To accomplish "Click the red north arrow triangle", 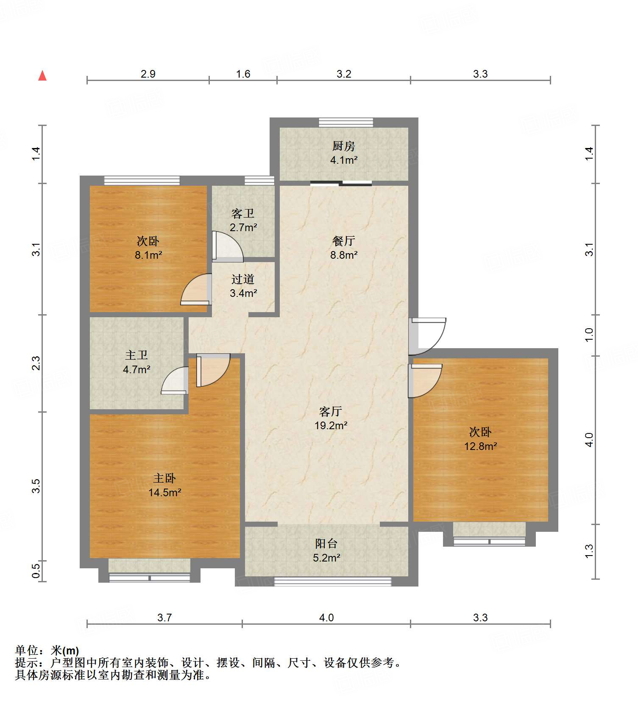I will coord(42,76).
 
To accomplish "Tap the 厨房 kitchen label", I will coord(343,146).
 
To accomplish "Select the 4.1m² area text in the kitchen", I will coord(343,160).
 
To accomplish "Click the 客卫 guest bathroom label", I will coord(243,214).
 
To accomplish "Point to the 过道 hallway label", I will coord(243,279).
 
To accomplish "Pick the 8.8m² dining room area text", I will coord(343,255).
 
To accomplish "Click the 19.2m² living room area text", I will coord(331,425).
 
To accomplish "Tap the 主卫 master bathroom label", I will coord(137,355).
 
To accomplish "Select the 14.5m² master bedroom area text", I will coord(164,492).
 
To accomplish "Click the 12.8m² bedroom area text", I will coord(480,446).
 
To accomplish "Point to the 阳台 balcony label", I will coord(326,544).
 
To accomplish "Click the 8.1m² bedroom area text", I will coord(148,255).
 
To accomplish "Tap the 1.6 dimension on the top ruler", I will coord(243,74).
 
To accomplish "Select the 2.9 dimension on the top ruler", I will coord(148,74).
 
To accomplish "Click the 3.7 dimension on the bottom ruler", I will coord(164,617).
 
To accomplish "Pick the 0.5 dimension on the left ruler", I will coord(36,569).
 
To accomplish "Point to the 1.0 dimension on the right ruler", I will coord(589,335).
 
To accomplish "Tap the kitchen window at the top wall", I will coord(346,123).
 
